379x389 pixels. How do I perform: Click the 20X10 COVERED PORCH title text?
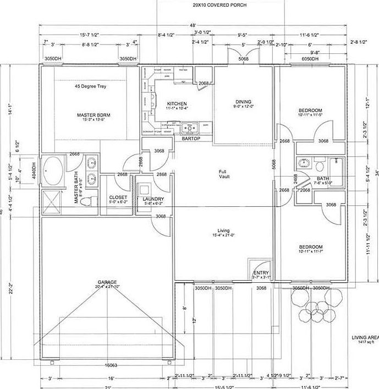(x=219, y=5)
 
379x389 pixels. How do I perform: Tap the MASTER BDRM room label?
(x=94, y=115)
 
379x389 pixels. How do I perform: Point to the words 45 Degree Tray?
(x=91, y=86)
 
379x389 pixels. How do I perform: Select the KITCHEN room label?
(x=177, y=103)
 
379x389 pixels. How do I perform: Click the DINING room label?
(x=243, y=102)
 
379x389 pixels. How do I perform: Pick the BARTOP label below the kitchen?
(x=191, y=139)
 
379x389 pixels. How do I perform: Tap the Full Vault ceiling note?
(x=223, y=173)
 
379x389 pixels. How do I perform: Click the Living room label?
(x=223, y=231)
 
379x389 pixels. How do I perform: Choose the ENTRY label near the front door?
(x=260, y=273)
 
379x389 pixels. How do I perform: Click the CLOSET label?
(x=118, y=197)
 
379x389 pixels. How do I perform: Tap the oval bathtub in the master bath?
(x=54, y=171)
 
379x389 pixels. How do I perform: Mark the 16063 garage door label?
(x=112, y=364)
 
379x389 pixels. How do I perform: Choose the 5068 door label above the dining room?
(x=243, y=59)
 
